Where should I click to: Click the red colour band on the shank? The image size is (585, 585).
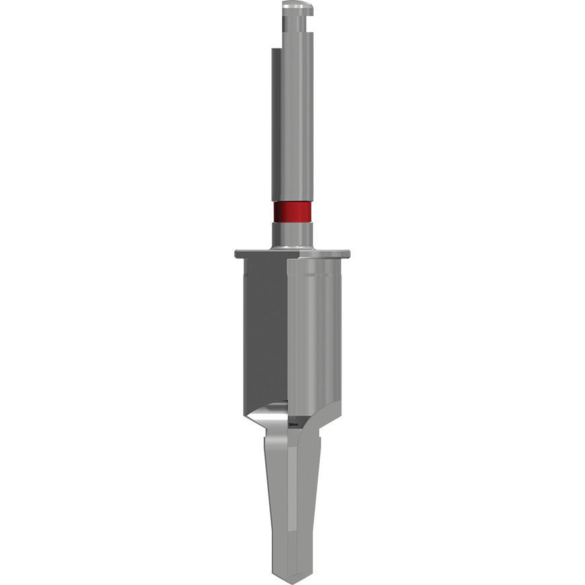coord(292,212)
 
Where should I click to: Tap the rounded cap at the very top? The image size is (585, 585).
coord(297,7)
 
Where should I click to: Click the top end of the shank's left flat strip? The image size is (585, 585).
coord(275,50)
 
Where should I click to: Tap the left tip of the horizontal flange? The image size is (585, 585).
coord(238,254)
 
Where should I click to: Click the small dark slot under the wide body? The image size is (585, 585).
coord(293,424)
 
